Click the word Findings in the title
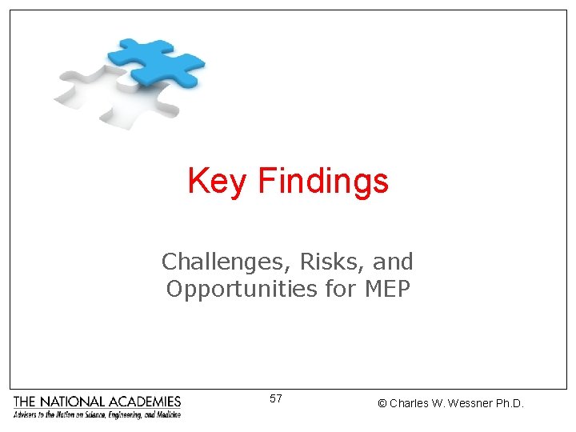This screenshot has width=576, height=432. tap(322, 182)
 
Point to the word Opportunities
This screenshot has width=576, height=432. tap(242, 288)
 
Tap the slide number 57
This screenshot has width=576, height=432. tap(276, 398)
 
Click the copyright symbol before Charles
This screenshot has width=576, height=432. tap(382, 404)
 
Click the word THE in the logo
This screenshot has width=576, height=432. tap(25, 402)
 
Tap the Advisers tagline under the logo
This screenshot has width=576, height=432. tap(97, 414)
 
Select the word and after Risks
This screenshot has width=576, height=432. tap(394, 262)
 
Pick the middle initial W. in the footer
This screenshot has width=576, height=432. tap(441, 404)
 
